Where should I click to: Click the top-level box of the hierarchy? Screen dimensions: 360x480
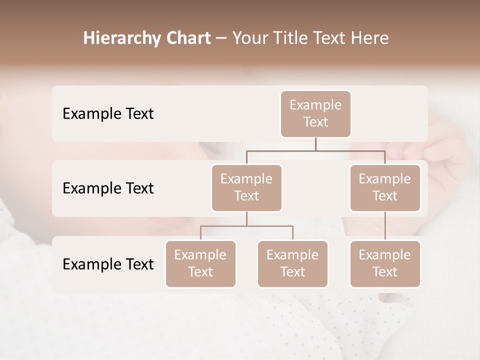[315, 113]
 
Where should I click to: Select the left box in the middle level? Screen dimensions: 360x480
[246, 187]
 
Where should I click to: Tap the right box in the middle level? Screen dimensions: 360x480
[385, 187]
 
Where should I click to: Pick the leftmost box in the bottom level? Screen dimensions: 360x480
[200, 263]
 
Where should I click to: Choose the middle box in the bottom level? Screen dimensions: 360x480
[292, 263]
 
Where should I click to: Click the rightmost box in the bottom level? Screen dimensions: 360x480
[385, 263]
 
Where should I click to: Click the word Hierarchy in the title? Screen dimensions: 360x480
[122, 38]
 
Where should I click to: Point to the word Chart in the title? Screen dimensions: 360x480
[187, 38]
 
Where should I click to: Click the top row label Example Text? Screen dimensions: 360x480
[108, 114]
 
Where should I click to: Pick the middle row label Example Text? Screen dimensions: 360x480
[108, 188]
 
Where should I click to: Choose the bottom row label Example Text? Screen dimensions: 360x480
[108, 264]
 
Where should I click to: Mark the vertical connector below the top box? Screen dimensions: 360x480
[315, 144]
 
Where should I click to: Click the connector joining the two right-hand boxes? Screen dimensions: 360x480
[385, 226]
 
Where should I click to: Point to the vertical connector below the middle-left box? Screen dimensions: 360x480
[246, 218]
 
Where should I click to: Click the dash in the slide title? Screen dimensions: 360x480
[221, 38]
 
